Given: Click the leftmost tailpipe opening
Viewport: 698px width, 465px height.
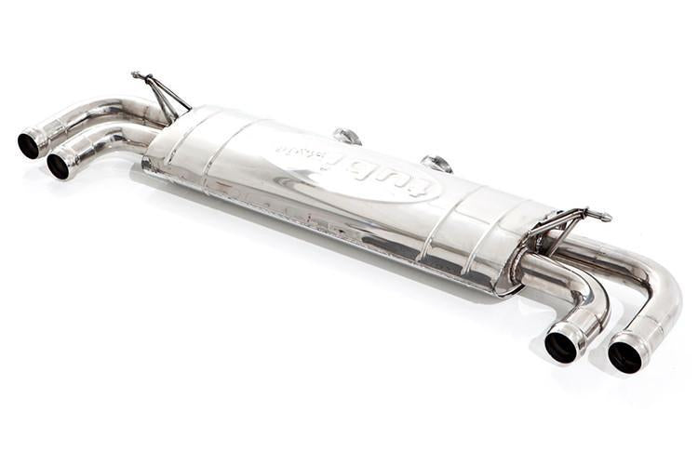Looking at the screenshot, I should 30,144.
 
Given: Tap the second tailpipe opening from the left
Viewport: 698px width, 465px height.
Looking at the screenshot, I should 59,166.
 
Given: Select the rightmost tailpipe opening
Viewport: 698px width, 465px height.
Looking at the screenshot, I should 624,356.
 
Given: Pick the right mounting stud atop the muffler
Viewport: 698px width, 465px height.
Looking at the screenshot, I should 436,164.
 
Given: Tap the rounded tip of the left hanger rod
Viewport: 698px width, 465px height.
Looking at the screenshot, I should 136,74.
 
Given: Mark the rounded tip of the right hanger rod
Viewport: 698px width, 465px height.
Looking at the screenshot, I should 608,218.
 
